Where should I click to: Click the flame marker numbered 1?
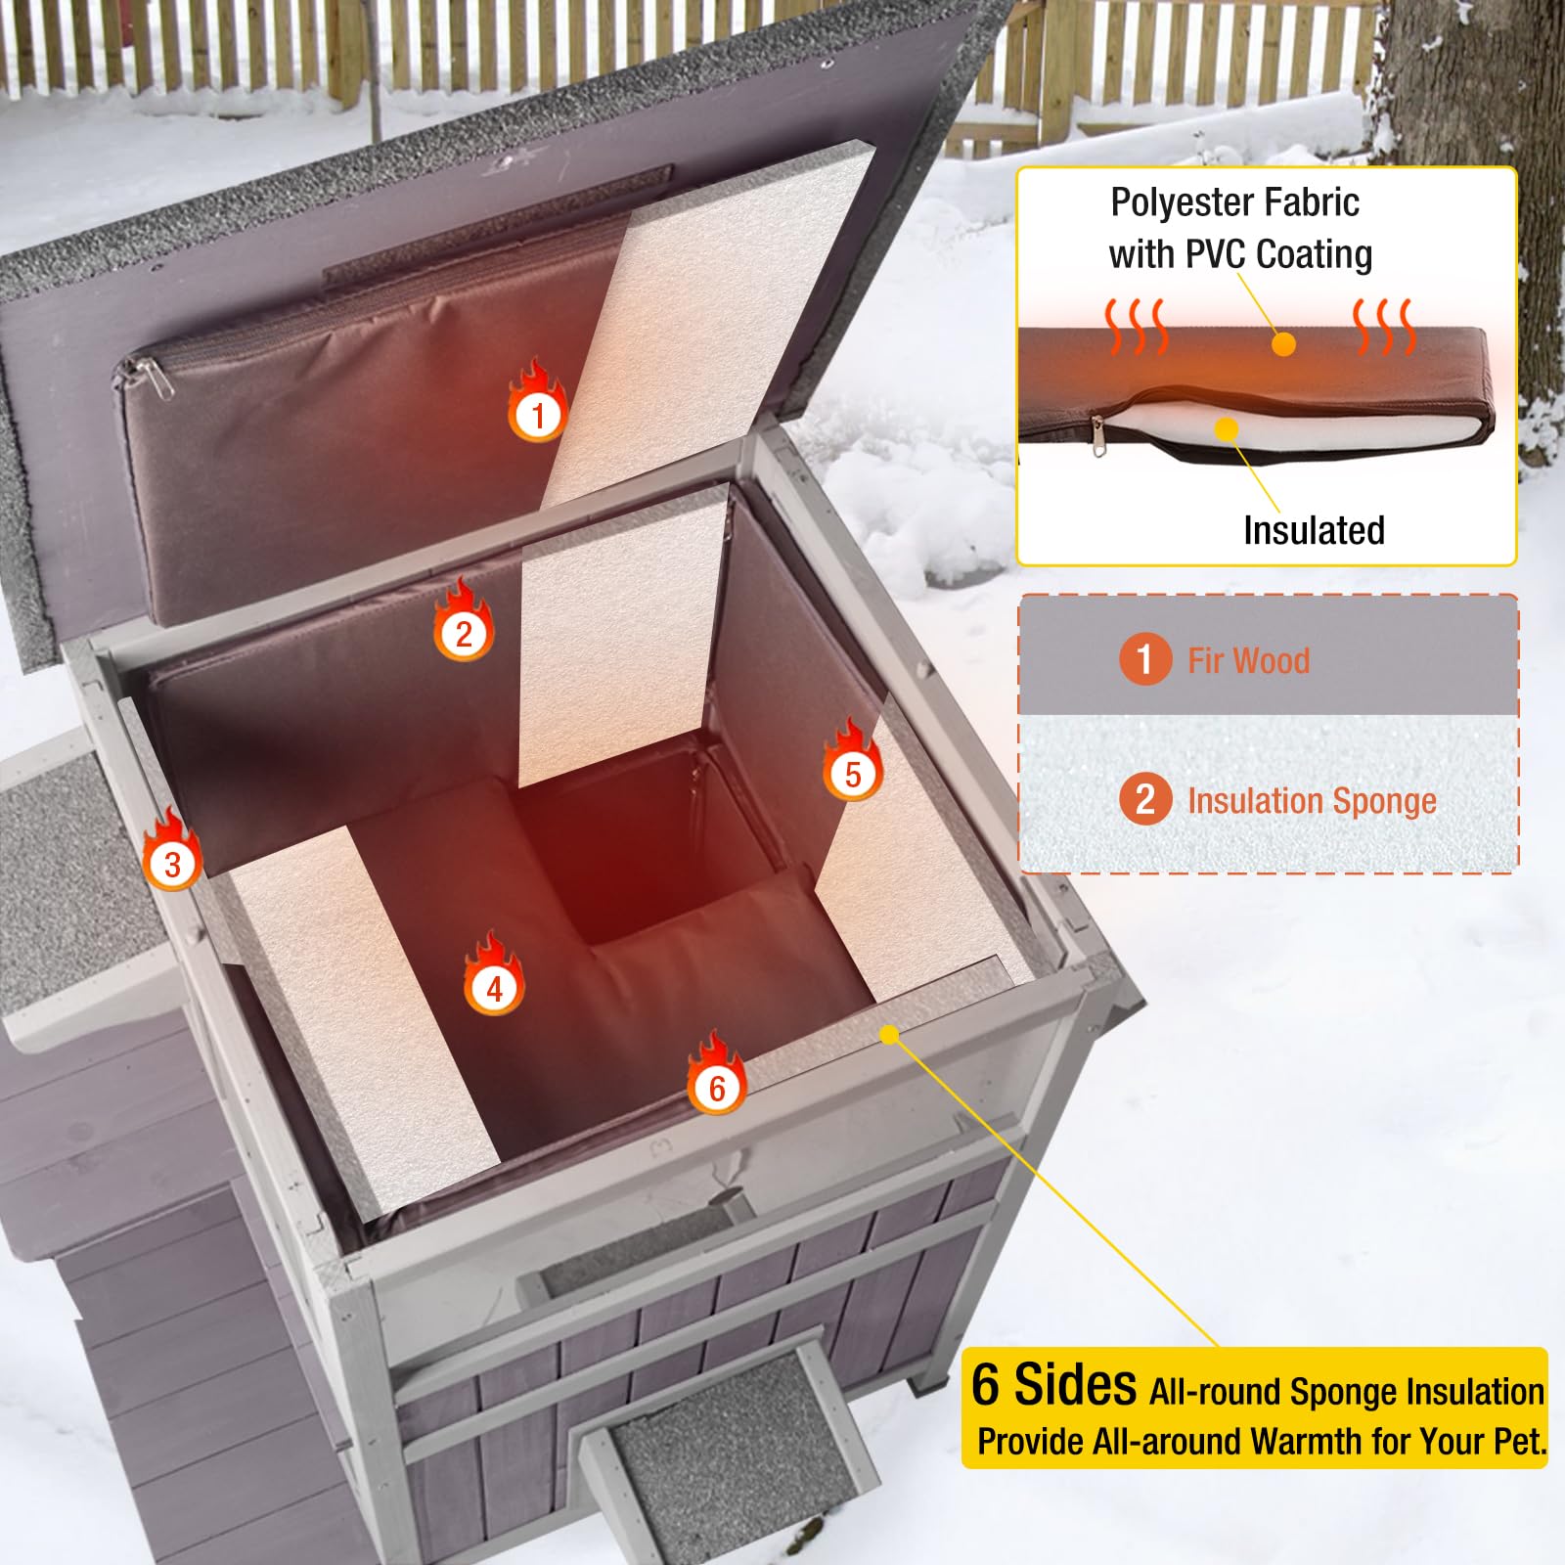[537, 413]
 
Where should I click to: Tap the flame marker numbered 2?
[464, 632]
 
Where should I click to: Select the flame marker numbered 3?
[172, 862]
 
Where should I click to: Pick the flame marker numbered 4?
[494, 987]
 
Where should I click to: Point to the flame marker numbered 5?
[852, 773]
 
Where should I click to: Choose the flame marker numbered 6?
[717, 1086]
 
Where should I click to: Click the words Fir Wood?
[1248, 660]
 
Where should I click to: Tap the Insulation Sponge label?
[1311, 800]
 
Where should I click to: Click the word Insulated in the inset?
[1313, 530]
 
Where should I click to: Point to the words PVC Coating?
[1278, 254]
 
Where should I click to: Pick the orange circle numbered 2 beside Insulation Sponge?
[1144, 799]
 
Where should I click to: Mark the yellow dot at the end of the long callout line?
[889, 1034]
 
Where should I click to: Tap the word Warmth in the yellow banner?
[1302, 1442]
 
